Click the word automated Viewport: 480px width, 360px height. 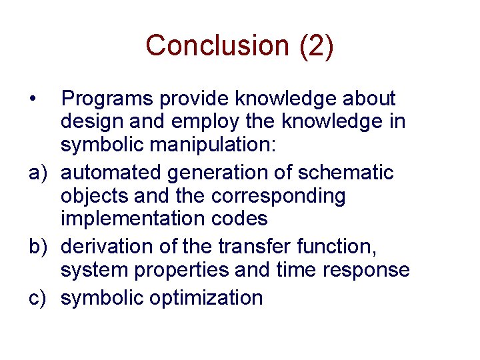[111, 173]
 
